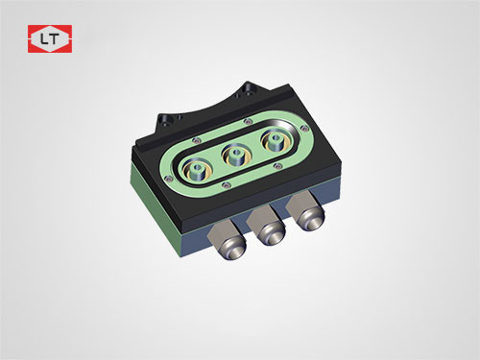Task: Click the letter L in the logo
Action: tap(43, 39)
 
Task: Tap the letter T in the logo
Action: tap(54, 39)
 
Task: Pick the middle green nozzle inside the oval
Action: tap(236, 156)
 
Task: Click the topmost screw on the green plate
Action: tap(246, 121)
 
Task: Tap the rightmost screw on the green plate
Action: tap(304, 130)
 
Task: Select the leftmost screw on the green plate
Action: tap(166, 179)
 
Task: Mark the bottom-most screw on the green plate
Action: tap(227, 184)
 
